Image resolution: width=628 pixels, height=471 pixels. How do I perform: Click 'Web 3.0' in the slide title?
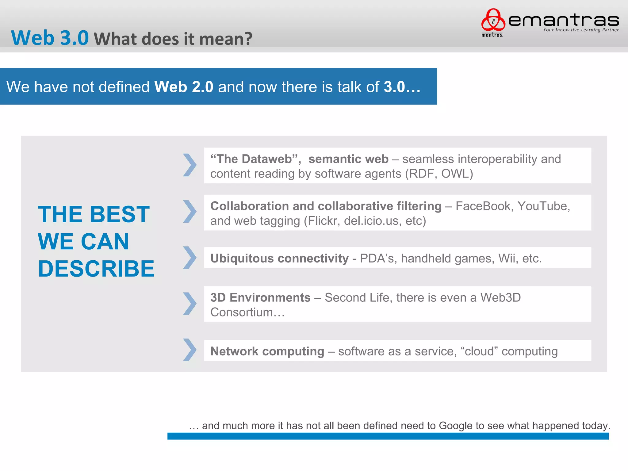(50, 38)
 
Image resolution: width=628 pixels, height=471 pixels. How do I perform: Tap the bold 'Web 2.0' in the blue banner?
(184, 87)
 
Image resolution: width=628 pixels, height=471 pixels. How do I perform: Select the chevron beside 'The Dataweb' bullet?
(190, 165)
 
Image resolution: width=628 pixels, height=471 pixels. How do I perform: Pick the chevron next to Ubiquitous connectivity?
(190, 258)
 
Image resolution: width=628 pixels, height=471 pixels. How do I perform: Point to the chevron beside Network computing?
(190, 350)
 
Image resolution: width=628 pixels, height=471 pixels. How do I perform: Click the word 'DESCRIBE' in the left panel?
(96, 269)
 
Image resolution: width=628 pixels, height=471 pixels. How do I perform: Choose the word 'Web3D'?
(500, 297)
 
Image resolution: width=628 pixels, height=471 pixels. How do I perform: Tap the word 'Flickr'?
(324, 221)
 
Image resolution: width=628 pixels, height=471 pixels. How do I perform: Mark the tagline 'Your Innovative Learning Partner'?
(581, 30)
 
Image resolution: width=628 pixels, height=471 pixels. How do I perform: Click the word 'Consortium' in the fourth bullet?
(242, 312)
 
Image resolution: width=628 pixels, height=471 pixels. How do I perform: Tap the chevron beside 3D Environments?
(190, 304)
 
